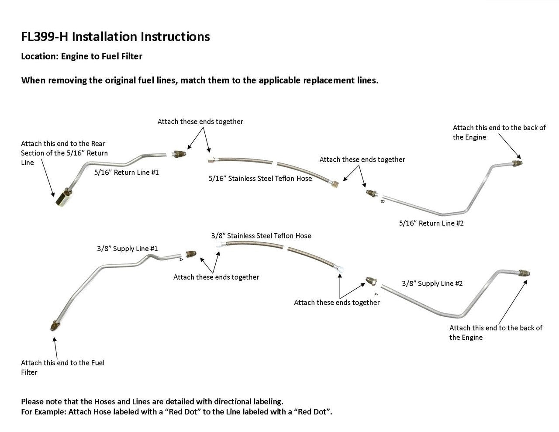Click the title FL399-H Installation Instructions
click(115, 37)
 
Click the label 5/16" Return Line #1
click(127, 173)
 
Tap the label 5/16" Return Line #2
click(431, 223)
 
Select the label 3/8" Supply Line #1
click(127, 249)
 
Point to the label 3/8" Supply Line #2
click(432, 283)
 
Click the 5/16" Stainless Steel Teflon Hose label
click(260, 178)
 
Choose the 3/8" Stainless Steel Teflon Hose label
click(261, 236)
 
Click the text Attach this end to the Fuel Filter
click(62, 367)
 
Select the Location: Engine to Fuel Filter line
click(82, 56)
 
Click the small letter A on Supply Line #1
click(181, 259)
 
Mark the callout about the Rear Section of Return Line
click(64, 153)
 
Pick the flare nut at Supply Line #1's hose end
click(191, 253)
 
